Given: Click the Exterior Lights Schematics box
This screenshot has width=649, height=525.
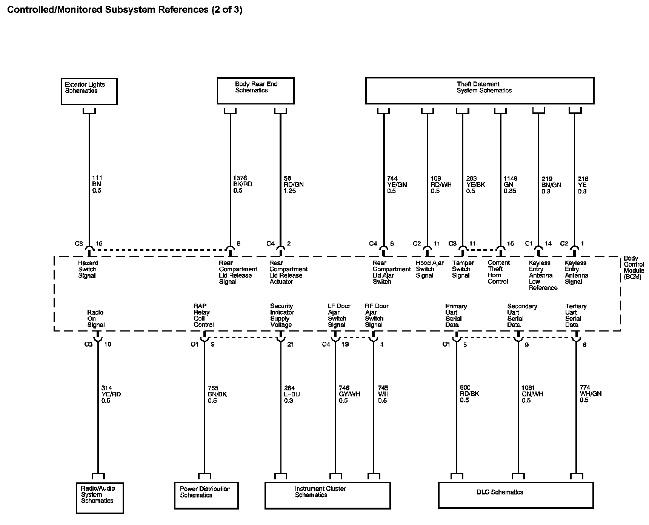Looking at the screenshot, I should click(89, 91).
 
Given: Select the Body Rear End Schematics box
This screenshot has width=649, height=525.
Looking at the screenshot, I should click(255, 91).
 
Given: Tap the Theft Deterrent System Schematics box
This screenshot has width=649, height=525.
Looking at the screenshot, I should click(480, 91).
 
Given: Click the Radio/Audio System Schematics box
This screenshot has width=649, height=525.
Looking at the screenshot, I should click(99, 497).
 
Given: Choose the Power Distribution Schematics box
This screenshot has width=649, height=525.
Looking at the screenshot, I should click(206, 495).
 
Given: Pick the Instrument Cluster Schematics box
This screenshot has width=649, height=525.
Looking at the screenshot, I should click(327, 495).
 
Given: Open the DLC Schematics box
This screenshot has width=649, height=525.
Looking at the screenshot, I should click(515, 495).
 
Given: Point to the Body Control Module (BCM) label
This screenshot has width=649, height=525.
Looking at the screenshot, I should click(634, 267).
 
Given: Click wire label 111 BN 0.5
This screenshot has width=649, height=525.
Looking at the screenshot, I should click(97, 184).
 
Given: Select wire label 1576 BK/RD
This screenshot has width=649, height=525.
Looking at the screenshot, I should click(243, 184).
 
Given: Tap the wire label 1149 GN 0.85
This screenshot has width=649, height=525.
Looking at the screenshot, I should click(510, 184).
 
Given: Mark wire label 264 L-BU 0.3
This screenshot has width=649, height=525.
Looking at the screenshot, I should click(292, 394).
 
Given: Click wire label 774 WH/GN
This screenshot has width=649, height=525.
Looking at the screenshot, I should click(590, 393).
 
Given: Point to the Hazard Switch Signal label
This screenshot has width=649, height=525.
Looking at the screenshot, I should click(88, 269).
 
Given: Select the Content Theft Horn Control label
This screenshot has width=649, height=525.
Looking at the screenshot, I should click(498, 272).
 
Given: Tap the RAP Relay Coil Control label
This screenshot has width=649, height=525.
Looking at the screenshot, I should click(203, 315).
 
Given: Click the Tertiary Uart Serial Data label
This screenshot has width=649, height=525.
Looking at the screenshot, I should click(575, 315).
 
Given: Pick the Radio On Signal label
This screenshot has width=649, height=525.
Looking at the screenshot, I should click(96, 318).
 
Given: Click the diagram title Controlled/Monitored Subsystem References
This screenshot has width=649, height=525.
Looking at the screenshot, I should click(125, 9).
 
